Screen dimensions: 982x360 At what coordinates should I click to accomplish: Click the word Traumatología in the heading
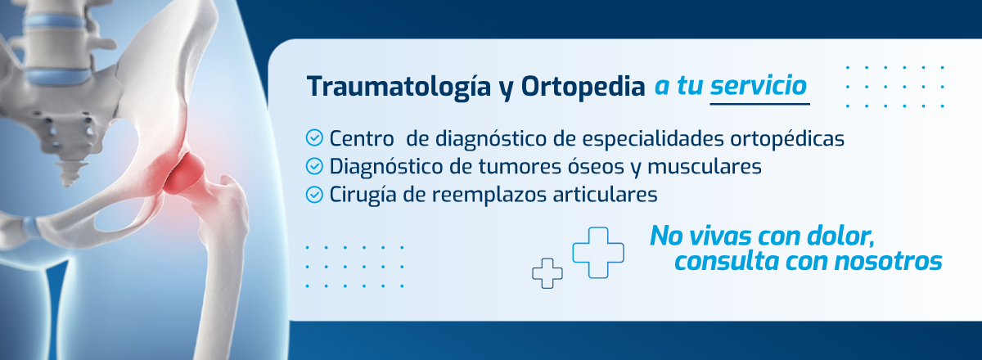(399, 88)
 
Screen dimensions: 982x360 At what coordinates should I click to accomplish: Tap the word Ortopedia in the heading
(583, 87)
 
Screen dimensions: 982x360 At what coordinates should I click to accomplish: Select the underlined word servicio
(759, 86)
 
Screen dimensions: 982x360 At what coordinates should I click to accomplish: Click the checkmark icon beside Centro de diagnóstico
(314, 137)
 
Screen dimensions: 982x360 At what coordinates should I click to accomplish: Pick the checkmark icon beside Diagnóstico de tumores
(314, 166)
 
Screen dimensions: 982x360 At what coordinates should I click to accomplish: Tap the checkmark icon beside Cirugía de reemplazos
(314, 195)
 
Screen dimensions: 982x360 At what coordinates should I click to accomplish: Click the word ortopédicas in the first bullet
(787, 139)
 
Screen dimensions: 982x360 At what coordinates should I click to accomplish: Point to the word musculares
(705, 167)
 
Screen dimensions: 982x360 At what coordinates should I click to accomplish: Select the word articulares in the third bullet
(605, 195)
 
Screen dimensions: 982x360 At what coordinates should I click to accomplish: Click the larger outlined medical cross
(598, 253)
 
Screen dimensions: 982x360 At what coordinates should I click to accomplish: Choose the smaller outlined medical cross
(547, 273)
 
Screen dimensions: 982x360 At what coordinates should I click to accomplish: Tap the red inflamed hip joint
(184, 173)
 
